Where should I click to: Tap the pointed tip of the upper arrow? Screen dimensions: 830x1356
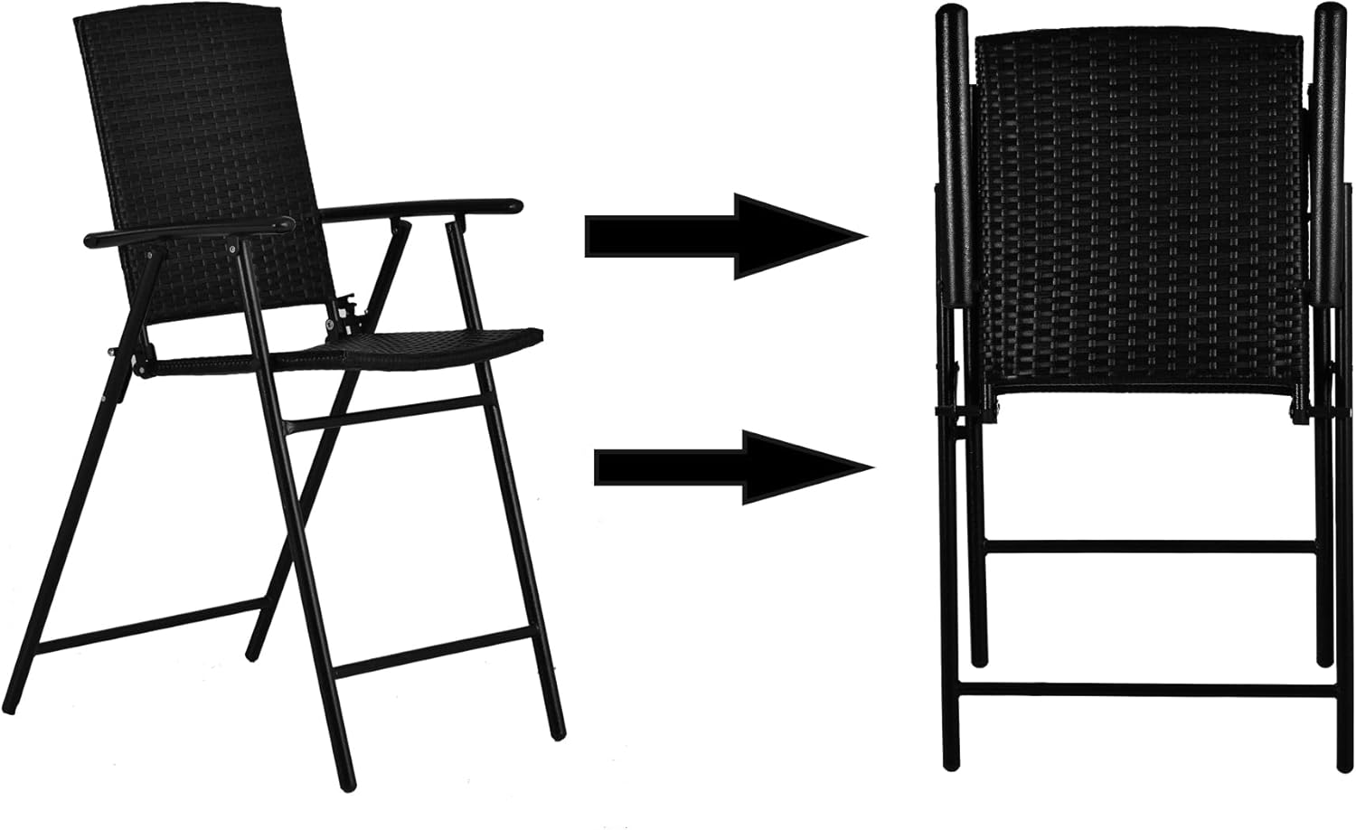[863, 236]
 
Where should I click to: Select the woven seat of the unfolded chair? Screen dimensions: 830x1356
[434, 344]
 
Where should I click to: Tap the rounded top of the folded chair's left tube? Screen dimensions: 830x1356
[949, 16]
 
